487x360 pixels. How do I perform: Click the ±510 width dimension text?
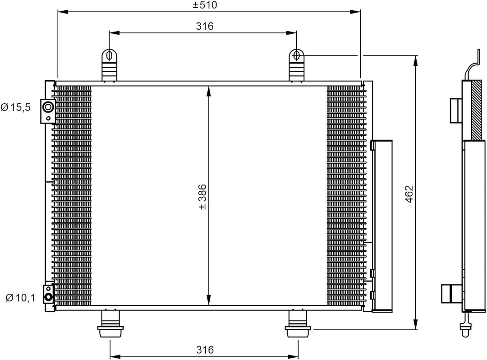[x=205, y=5]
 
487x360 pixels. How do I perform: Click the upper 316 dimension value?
[x=204, y=27]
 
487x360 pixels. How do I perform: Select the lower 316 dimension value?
[x=204, y=350]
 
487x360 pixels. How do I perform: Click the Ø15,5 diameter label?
[x=15, y=108]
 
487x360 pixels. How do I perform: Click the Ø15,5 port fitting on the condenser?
[x=47, y=107]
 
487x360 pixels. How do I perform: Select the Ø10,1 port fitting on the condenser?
[x=47, y=296]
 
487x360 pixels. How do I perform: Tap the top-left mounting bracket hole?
[x=109, y=55]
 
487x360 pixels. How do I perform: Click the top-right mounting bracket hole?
[x=296, y=55]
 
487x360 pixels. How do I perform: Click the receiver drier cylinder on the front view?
[x=381, y=226]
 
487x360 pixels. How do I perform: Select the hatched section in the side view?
[x=476, y=111]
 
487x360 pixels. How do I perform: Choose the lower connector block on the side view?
[x=450, y=294]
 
